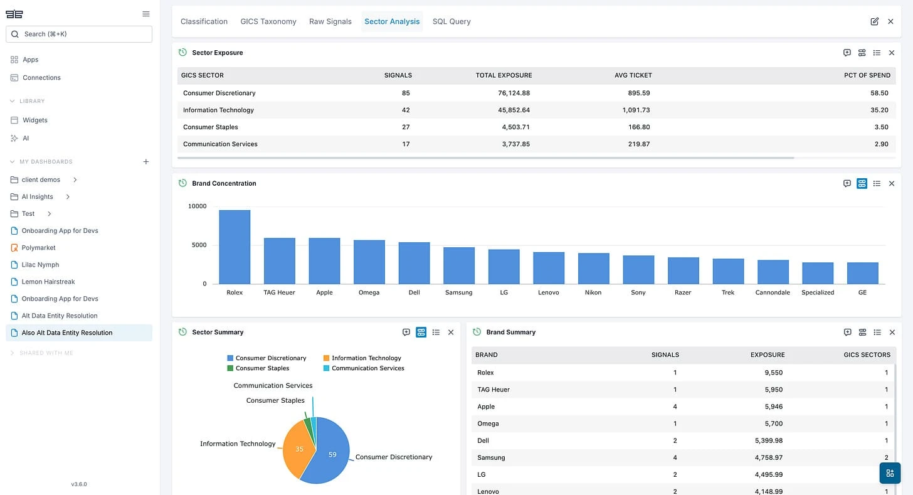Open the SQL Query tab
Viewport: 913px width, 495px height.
451,21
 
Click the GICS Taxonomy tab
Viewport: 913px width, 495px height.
268,21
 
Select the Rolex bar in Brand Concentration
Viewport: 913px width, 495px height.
235,247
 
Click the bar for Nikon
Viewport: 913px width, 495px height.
593,269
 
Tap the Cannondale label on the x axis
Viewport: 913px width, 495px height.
773,292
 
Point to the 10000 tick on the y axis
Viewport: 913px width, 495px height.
197,206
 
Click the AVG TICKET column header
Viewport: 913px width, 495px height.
633,75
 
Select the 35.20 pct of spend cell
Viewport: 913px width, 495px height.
880,110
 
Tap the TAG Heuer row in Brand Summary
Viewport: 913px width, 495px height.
493,390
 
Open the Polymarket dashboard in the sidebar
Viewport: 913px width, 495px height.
38,248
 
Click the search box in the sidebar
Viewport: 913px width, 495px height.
79,34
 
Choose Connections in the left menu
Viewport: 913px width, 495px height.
41,78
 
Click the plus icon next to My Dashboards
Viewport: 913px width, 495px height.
146,162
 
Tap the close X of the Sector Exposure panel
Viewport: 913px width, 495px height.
891,53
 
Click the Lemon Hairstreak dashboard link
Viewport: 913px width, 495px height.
48,282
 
